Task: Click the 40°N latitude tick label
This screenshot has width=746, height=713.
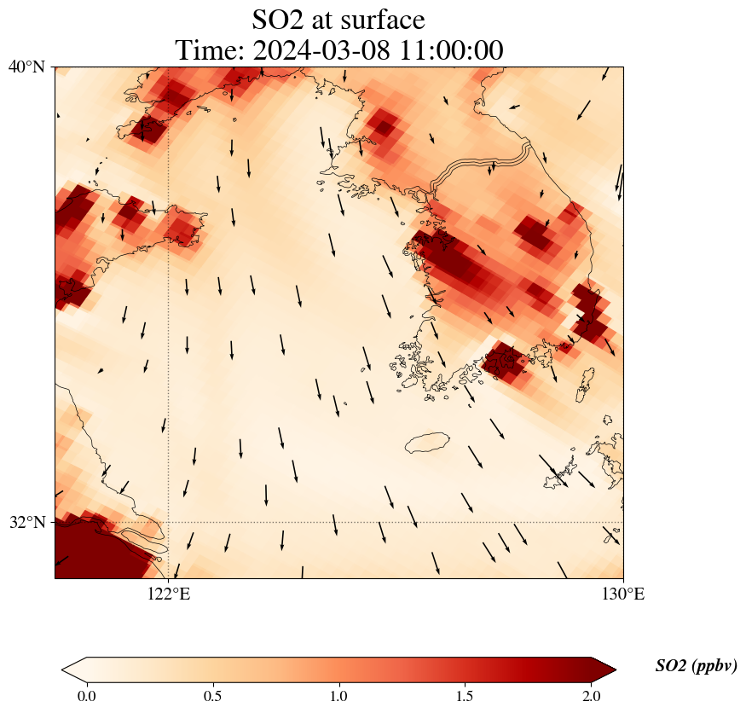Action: [27, 67]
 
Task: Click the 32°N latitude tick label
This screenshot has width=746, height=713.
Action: [27, 522]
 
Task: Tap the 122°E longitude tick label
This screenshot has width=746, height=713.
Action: [169, 594]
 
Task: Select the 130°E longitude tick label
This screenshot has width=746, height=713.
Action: [623, 594]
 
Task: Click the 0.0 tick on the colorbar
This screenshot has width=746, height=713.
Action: [86, 696]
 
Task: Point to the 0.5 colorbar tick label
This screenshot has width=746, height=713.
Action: [212, 696]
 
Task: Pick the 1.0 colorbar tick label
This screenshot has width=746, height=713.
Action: [338, 696]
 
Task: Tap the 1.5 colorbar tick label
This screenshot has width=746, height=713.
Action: [466, 696]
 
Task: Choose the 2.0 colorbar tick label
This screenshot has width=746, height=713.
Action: [591, 696]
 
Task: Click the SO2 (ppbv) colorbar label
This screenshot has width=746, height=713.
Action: [696, 666]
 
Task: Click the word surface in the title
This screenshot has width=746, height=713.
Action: [379, 19]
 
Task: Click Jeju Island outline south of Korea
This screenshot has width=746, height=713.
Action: [428, 443]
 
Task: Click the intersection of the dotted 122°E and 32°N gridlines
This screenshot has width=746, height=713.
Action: [169, 522]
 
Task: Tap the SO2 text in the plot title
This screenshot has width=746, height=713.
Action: [279, 19]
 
